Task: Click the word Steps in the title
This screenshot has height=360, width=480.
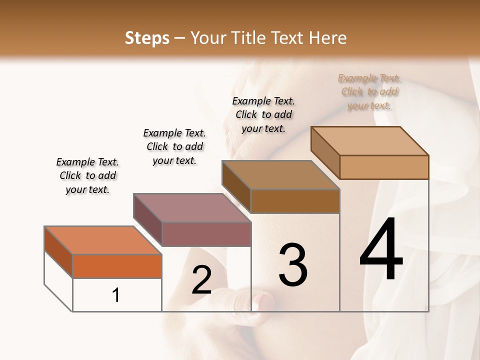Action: (x=147, y=38)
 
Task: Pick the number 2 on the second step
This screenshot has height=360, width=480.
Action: (x=201, y=280)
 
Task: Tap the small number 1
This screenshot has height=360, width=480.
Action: (x=116, y=295)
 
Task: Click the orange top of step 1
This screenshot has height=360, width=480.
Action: (x=102, y=240)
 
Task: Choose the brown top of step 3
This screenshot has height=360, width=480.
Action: (x=280, y=175)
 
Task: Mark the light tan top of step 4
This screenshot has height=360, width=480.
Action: (x=369, y=141)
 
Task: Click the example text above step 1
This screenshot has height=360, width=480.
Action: (x=87, y=175)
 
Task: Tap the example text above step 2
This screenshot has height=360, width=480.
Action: (x=174, y=146)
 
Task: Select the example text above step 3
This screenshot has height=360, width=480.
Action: (x=263, y=114)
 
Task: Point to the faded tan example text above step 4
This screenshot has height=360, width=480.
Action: (x=369, y=91)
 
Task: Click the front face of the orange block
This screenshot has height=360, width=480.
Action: (x=117, y=266)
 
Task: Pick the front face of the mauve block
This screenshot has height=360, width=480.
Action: (x=206, y=234)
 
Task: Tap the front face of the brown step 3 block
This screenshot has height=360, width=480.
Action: (x=295, y=201)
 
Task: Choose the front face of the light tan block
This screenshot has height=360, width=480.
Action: (x=384, y=167)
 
